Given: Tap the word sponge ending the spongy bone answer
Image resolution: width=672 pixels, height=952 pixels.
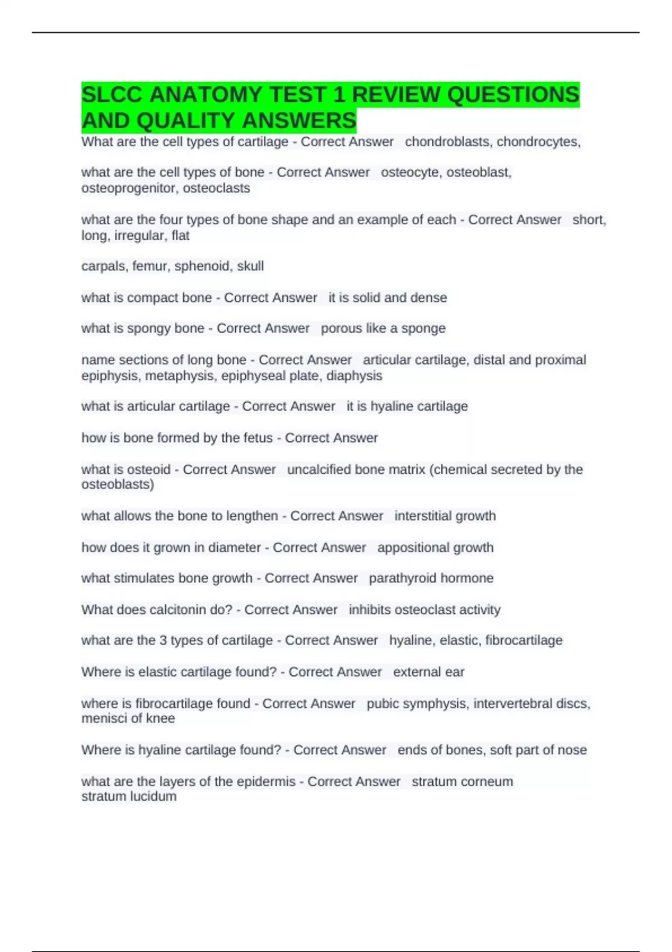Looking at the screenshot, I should (423, 328).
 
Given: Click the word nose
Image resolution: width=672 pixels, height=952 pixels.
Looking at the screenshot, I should (572, 750).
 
